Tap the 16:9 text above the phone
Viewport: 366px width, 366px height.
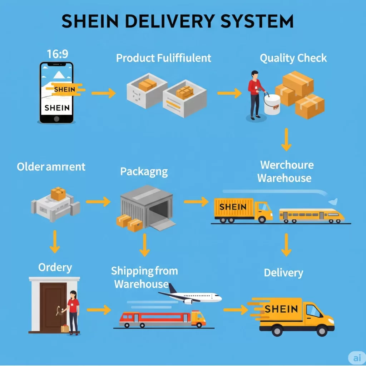(x=58, y=54)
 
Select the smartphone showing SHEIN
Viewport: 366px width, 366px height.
(x=56, y=93)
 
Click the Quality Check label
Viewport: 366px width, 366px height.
(x=293, y=58)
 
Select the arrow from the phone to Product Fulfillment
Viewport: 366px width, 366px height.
(x=103, y=94)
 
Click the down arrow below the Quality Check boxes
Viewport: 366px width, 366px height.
(x=286, y=139)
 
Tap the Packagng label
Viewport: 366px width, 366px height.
(x=144, y=172)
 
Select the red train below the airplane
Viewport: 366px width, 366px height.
(x=163, y=318)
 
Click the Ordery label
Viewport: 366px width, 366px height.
(x=55, y=267)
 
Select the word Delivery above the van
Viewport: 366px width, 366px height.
(x=283, y=273)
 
